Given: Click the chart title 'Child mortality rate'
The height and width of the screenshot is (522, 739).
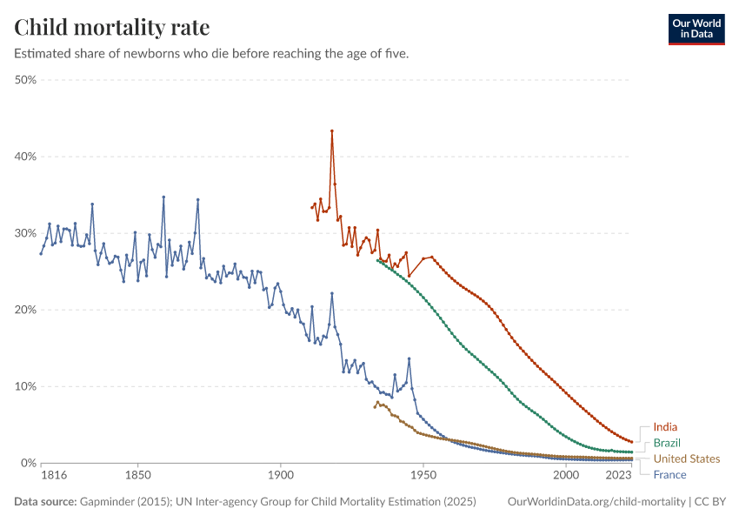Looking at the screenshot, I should tap(112, 27).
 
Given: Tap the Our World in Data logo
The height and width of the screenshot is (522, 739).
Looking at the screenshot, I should tap(696, 29).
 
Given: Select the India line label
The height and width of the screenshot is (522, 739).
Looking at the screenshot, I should tap(665, 427).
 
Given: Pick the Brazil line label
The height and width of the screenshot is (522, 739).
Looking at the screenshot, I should tap(668, 443).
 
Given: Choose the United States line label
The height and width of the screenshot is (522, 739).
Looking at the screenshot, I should tap(687, 458).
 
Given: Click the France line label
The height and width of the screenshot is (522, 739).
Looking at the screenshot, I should tap(669, 474).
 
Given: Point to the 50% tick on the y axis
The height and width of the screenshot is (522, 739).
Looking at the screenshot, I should tap(25, 80).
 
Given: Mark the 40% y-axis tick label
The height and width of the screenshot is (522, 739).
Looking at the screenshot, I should tap(25, 157).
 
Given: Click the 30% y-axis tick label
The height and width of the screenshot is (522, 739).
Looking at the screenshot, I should tap(25, 233).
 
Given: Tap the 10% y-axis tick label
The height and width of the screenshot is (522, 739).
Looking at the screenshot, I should tap(25, 386).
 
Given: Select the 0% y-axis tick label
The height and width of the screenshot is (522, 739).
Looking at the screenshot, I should tap(28, 463).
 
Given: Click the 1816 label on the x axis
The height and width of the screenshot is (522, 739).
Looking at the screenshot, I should tap(53, 476).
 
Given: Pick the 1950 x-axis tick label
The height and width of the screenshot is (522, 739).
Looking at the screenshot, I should tap(423, 476).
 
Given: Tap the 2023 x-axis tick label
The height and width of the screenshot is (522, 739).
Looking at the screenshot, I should tap(618, 476).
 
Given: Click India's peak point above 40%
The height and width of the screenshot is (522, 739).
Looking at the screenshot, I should tap(332, 131).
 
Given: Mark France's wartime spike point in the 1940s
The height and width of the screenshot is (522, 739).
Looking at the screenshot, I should tap(409, 358).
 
